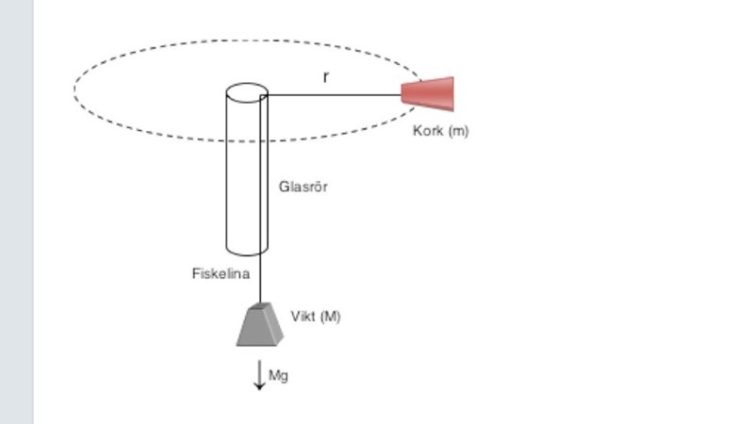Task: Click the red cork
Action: pyautogui.click(x=430, y=93)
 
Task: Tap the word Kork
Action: pyautogui.click(x=428, y=131)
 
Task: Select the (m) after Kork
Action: pyautogui.click(x=457, y=131)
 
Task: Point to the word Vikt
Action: pyautogui.click(x=303, y=317)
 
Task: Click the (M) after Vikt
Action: pyautogui.click(x=330, y=317)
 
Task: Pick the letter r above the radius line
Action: pyautogui.click(x=326, y=77)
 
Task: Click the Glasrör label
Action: pyautogui.click(x=303, y=187)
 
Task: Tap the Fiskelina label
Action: pyautogui.click(x=221, y=274)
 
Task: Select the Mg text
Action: pyautogui.click(x=279, y=375)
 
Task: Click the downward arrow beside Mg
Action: pyautogui.click(x=259, y=375)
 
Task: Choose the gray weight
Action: pyautogui.click(x=259, y=326)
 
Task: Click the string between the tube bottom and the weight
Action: pyautogui.click(x=260, y=280)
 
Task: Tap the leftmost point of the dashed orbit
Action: pyautogui.click(x=74, y=90)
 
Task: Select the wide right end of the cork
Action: pyautogui.click(x=451, y=93)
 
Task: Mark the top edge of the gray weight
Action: pyautogui.click(x=259, y=306)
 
